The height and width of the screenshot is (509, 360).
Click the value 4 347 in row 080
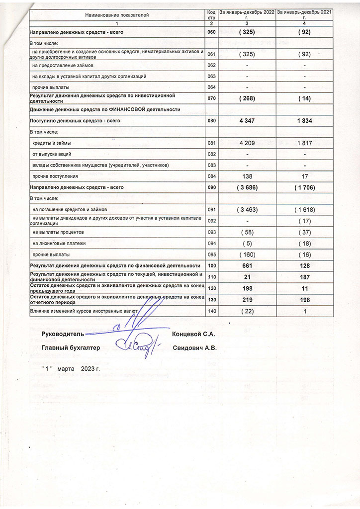pos(247,121)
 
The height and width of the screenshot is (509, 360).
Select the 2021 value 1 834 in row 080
pos(305,121)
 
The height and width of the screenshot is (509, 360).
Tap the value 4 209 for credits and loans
pos(247,143)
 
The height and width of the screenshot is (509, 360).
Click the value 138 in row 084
pos(247,176)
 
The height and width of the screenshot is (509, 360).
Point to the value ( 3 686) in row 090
pos(247,187)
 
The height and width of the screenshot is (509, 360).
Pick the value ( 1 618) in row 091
pos(305,210)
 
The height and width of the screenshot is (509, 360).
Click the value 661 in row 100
pos(247,266)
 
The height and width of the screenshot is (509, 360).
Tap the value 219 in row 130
pos(247,300)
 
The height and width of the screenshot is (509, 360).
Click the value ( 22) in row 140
pos(247,311)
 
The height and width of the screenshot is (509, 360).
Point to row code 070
pos(211,98)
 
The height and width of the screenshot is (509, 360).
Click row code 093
pos(211,232)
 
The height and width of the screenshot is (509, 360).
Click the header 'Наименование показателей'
pos(117,15)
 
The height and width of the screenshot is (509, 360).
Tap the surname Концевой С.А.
pos(193,334)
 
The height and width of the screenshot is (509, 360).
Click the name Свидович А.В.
pos(195,348)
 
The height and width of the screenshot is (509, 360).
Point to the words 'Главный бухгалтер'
pos(71,348)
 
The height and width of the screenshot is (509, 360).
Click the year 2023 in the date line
pos(89,369)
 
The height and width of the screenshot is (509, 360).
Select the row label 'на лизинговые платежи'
pos(59,243)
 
